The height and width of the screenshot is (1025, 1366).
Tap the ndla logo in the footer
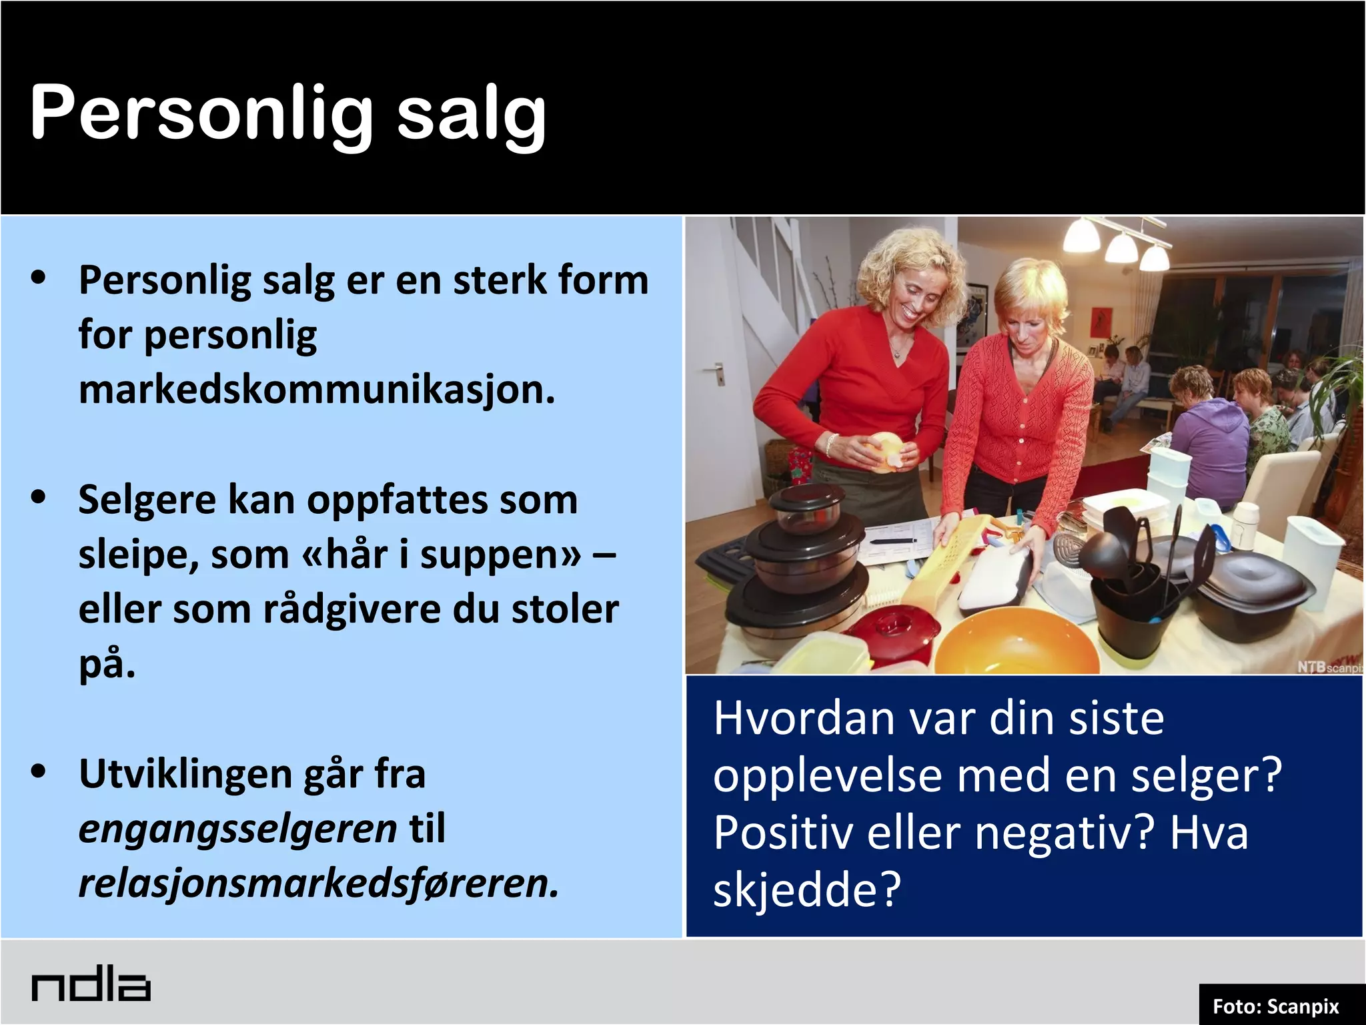[x=91, y=986]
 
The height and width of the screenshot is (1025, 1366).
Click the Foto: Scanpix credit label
[x=1275, y=1006]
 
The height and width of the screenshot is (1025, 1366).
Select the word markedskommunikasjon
[x=316, y=390]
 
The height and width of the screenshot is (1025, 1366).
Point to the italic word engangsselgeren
[x=238, y=829]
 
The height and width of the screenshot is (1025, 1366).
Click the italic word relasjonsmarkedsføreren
[x=318, y=884]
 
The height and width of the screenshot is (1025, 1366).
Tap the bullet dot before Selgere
[x=39, y=497]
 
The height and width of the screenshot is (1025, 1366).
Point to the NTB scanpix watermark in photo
[x=1327, y=667]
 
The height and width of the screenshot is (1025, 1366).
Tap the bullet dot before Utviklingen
[x=39, y=771]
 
